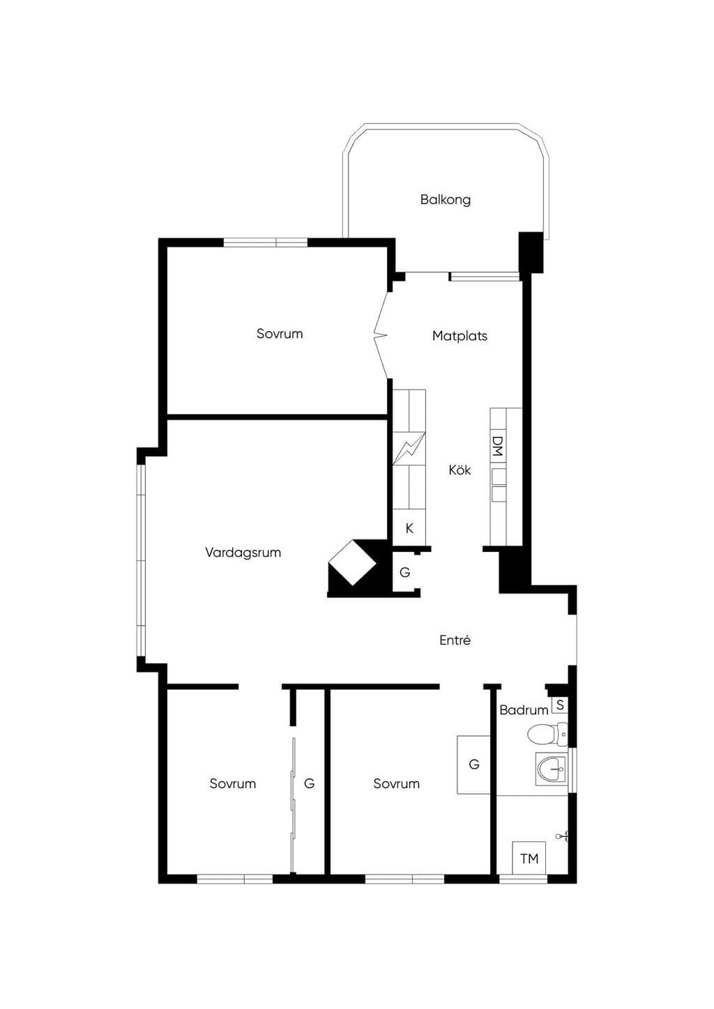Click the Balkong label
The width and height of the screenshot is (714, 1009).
coord(446,199)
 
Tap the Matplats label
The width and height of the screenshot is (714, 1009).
coord(459,336)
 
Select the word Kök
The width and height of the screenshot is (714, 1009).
coord(459,470)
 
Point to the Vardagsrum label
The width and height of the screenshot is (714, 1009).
coord(243,553)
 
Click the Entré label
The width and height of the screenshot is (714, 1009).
coord(455,640)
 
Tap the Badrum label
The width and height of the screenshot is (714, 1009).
coord(524,710)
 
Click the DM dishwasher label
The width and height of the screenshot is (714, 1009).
coord(497,446)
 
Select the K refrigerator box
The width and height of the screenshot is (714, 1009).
coord(409,527)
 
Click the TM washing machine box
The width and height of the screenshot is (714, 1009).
coord(529,858)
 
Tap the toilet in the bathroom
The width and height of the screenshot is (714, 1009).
coord(547,734)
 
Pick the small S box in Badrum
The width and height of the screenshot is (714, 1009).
coord(560,705)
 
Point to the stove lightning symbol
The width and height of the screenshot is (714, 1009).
coord(409,448)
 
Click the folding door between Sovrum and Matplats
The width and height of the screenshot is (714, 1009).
coord(381,335)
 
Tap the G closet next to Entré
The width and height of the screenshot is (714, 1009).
coord(405,572)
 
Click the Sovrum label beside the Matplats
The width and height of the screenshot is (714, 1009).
coord(280,334)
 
